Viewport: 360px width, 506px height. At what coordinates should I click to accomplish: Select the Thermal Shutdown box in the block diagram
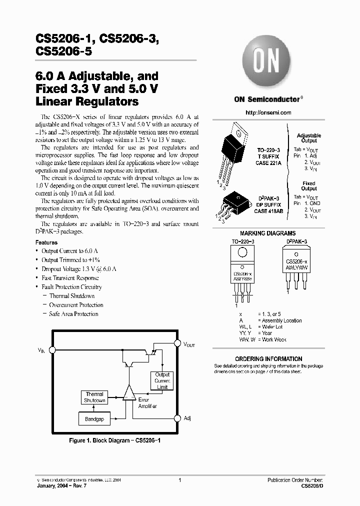pos(94,397)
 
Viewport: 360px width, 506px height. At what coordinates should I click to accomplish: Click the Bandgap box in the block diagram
pos(94,419)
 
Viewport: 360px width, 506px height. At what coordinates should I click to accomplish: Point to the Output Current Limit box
pos(162,381)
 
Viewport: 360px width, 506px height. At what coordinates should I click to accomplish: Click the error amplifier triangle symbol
pos(129,393)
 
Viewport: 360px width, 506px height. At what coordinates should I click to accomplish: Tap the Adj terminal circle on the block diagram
pos(177,418)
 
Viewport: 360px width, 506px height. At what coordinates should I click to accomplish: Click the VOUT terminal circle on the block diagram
pos(177,343)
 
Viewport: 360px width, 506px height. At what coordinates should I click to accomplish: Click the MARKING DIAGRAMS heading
pos(268,233)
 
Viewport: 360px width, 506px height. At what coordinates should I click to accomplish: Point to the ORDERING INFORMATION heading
pos(268,359)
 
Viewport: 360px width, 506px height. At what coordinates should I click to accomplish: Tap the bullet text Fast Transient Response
pos(70,278)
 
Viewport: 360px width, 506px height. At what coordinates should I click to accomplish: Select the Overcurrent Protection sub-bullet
pos(76,305)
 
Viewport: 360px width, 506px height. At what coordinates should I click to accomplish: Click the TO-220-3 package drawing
pos(232,150)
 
